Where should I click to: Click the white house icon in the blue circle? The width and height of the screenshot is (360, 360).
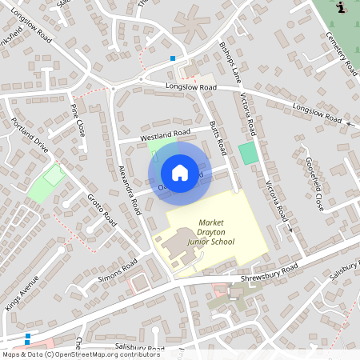click(180, 173)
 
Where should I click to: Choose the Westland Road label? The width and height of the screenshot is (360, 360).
click(165, 133)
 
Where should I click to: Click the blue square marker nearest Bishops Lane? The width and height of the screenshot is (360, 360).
click(173, 58)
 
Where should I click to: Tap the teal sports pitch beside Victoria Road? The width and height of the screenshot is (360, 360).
click(249, 153)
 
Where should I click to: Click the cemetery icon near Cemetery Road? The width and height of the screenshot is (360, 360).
click(342, 7)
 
